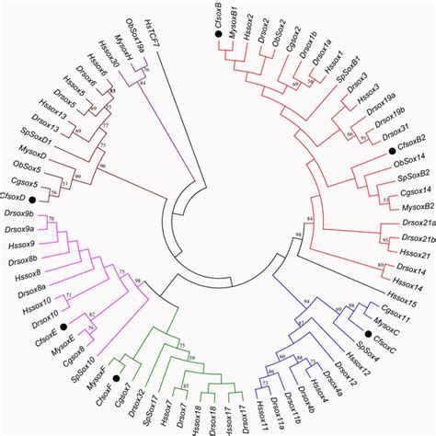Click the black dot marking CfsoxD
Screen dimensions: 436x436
[31, 198]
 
